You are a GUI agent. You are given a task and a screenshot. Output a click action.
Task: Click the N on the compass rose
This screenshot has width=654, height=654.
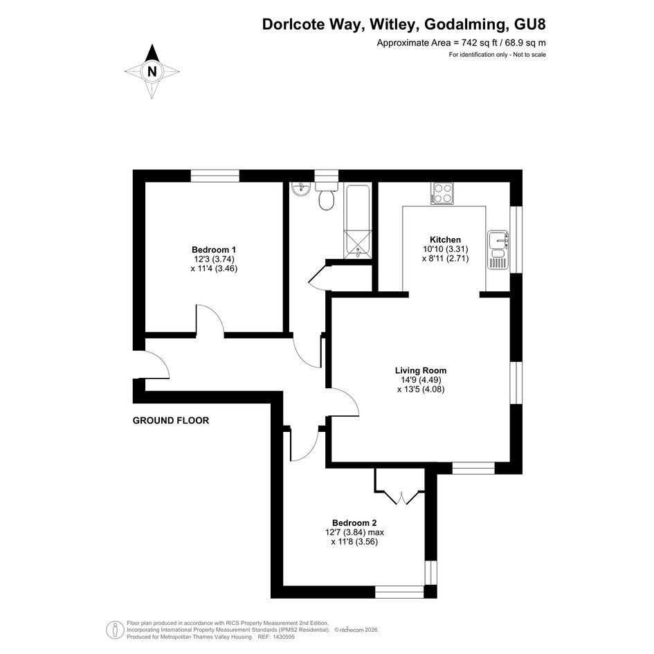click(152, 71)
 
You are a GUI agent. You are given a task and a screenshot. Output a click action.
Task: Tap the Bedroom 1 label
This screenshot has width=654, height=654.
click(214, 250)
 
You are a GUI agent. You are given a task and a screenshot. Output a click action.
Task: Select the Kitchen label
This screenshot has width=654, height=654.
click(445, 240)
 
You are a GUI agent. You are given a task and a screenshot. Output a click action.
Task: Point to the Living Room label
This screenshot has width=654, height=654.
click(421, 370)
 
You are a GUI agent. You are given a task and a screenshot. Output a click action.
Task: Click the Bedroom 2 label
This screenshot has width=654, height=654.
click(354, 523)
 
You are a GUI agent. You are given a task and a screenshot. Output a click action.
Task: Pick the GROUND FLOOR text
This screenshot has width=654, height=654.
click(170, 421)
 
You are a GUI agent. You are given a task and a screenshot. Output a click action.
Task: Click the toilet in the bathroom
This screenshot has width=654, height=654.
click(326, 195)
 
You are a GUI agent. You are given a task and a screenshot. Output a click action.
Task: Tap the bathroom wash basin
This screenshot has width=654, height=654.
click(300, 190)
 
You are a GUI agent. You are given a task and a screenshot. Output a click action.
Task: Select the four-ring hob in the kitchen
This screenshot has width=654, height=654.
click(442, 193)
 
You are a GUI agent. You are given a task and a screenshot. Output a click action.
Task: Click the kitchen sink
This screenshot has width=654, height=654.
click(498, 249)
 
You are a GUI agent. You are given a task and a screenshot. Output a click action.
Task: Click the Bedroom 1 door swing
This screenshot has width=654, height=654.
click(210, 320)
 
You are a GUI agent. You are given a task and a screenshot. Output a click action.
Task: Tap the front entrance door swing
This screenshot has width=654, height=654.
click(156, 364)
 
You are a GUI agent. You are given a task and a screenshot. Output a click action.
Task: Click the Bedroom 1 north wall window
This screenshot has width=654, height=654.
click(215, 176)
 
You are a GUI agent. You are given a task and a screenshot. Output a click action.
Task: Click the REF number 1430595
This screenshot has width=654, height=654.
click(283, 637)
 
